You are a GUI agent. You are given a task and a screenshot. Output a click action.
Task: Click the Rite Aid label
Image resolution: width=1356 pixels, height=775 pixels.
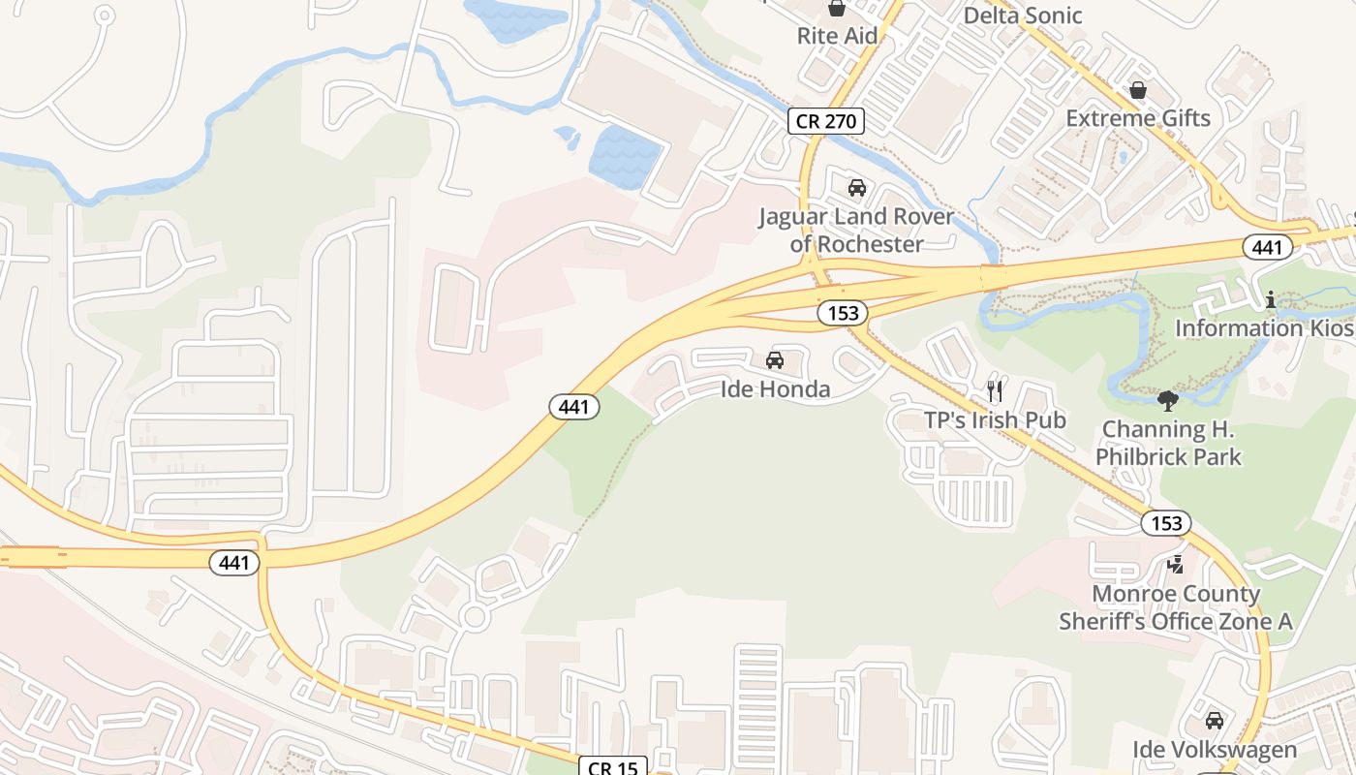pyautogui.click(x=837, y=36)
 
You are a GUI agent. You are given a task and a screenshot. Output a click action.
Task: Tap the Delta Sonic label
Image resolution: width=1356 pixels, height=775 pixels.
pyautogui.click(x=1022, y=15)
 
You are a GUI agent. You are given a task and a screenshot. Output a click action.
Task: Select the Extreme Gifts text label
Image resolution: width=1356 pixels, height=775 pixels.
pyautogui.click(x=1138, y=118)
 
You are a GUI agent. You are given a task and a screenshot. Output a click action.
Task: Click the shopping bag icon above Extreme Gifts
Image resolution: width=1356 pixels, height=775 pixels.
pyautogui.click(x=1138, y=91)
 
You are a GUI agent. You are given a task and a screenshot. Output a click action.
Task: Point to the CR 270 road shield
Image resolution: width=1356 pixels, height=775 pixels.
pyautogui.click(x=824, y=121)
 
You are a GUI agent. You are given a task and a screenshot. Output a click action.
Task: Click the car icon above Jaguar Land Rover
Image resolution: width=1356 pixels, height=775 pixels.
pyautogui.click(x=856, y=188)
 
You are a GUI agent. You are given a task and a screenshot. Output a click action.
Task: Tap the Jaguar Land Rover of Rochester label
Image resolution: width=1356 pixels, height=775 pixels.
pyautogui.click(x=855, y=231)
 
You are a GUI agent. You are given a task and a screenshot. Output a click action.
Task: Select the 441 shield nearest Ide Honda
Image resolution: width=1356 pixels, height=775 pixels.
pyautogui.click(x=574, y=407)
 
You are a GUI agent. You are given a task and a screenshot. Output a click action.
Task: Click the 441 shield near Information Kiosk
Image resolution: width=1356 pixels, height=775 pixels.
pyautogui.click(x=1267, y=247)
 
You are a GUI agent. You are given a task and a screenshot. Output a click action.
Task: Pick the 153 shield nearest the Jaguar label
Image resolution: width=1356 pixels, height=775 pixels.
pyautogui.click(x=842, y=313)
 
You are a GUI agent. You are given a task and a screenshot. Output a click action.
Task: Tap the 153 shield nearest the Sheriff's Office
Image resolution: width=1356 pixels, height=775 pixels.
pyautogui.click(x=1166, y=523)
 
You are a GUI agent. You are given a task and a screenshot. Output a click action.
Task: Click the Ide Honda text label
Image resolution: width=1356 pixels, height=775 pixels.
pyautogui.click(x=775, y=389)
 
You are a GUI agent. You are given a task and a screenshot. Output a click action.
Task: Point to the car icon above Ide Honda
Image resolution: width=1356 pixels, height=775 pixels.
pyautogui.click(x=775, y=361)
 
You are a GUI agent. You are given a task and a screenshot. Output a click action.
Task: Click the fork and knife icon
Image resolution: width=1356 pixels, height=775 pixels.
pyautogui.click(x=995, y=391)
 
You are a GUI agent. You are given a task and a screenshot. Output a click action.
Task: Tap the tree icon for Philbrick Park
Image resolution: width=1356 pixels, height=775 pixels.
pyautogui.click(x=1168, y=400)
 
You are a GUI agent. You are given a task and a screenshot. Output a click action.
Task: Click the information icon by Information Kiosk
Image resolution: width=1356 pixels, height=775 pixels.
pyautogui.click(x=1271, y=301)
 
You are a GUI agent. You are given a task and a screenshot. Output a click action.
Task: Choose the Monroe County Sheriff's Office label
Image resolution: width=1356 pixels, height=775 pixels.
pyautogui.click(x=1176, y=607)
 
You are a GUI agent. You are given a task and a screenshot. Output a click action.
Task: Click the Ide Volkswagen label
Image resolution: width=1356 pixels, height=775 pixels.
pyautogui.click(x=1215, y=750)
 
